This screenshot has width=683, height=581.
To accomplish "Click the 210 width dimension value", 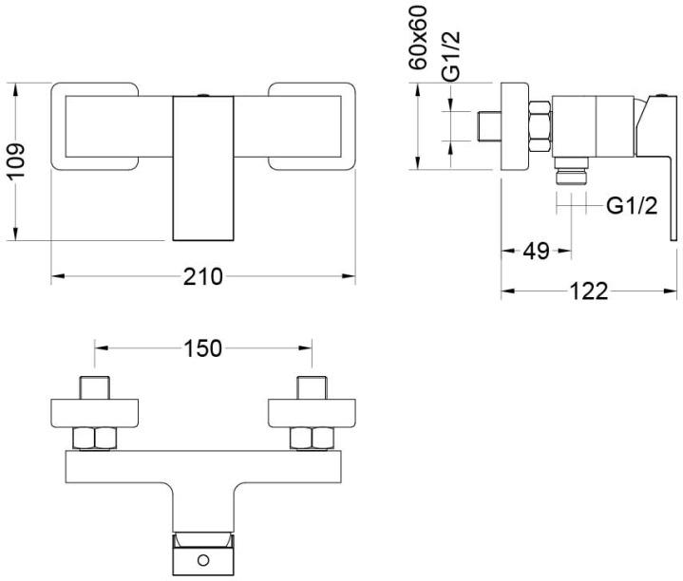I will (x=202, y=277).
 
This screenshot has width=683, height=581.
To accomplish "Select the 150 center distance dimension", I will (x=202, y=348).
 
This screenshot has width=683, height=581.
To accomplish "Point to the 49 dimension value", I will (x=537, y=252).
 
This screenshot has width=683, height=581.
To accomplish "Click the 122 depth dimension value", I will (x=589, y=291).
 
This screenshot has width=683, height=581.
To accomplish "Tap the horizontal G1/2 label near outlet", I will (x=631, y=204).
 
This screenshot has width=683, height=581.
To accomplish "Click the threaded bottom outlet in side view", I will (x=569, y=176).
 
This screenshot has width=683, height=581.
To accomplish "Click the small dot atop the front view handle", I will (x=202, y=96).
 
